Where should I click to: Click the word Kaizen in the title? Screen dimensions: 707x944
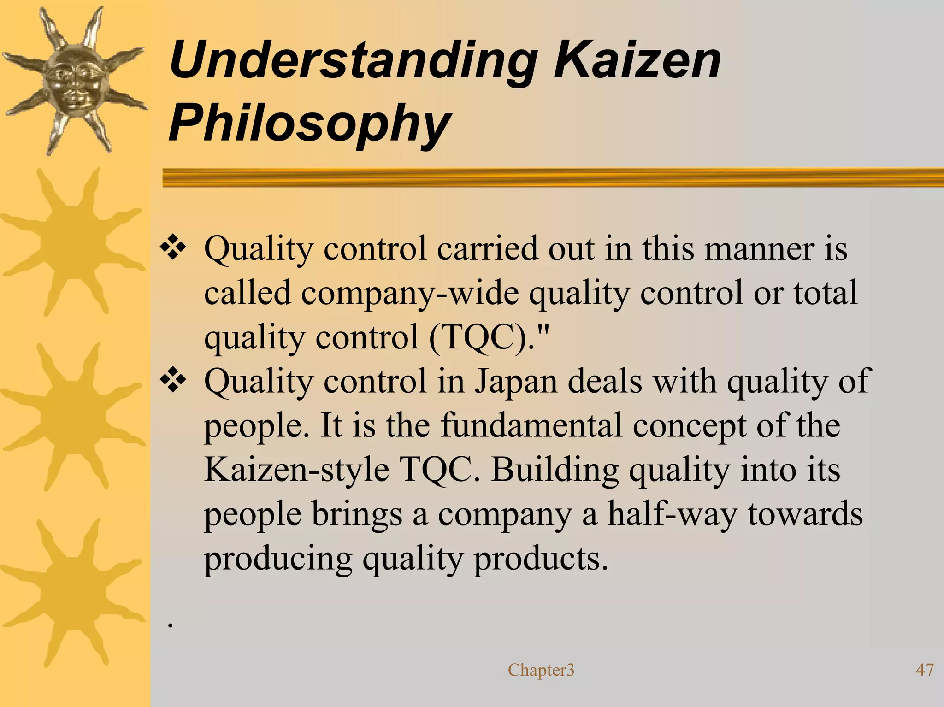(637, 60)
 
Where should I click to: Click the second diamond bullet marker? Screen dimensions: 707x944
(173, 381)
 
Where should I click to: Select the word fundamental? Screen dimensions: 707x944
(531, 425)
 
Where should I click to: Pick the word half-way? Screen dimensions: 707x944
(672, 514)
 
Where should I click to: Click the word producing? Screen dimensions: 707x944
(278, 559)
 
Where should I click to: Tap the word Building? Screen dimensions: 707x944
(555, 470)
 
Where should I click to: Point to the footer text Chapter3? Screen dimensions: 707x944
(541, 670)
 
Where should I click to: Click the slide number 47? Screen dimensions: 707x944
(924, 670)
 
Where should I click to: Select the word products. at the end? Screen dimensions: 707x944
(541, 559)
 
